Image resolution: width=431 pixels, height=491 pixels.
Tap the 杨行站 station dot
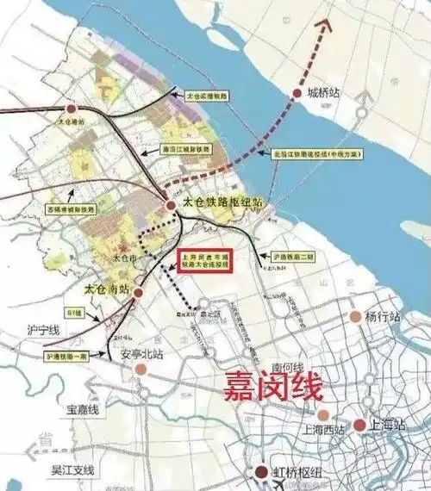[354, 317]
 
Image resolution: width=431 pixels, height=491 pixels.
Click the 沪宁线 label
[42, 329]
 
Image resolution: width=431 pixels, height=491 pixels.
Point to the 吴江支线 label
[72, 470]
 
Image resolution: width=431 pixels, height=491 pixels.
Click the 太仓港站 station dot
[72, 109]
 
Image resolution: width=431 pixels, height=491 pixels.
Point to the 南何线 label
[285, 364]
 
